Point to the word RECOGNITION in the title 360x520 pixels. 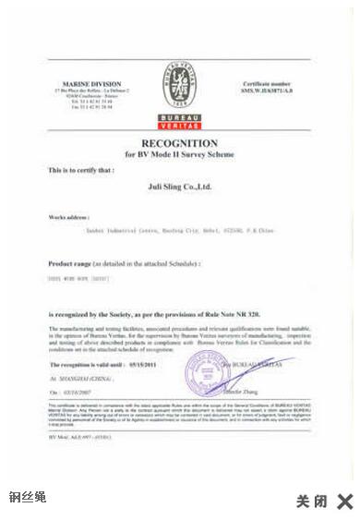point(179,143)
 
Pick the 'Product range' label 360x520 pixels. point(73,263)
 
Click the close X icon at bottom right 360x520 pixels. point(345,502)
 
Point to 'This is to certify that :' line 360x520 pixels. point(80,171)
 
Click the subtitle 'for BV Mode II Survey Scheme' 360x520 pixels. point(179,154)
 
